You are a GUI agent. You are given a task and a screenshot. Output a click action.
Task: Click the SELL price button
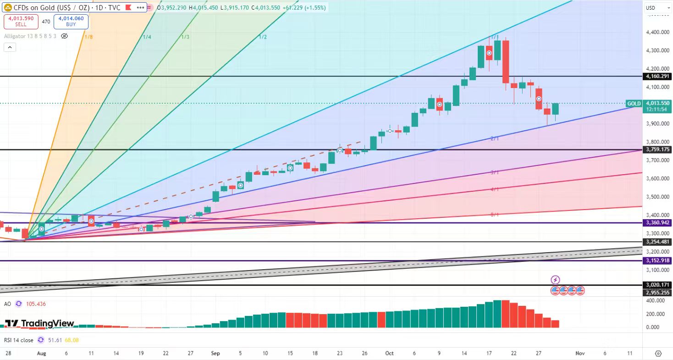18,22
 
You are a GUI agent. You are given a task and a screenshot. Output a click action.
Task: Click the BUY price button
71,22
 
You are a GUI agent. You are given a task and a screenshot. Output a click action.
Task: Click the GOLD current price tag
634,104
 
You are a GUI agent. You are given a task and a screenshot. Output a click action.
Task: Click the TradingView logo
39,323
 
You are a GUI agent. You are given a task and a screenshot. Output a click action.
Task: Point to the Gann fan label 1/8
88,36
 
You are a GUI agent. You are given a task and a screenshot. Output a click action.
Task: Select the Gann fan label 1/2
263,37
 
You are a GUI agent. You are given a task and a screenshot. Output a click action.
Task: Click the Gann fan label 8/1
495,215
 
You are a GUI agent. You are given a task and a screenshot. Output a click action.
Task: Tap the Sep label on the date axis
215,354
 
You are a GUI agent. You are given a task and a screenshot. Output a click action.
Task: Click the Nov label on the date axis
580,354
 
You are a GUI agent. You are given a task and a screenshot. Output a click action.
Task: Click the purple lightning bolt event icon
555,280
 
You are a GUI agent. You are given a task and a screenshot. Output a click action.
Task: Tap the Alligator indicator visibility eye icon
65,36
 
